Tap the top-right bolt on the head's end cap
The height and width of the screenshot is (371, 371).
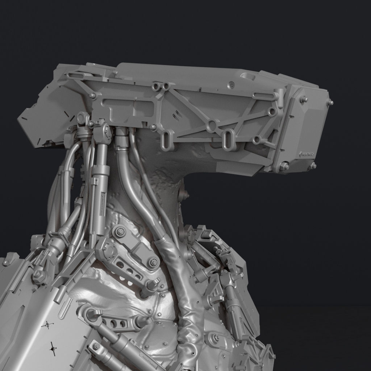point(330,103)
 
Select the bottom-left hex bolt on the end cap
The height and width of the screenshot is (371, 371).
point(284,166)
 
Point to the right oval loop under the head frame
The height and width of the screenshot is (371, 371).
point(228,139)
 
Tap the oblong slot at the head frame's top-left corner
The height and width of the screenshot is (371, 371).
point(75,76)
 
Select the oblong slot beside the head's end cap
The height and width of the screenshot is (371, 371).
point(263,96)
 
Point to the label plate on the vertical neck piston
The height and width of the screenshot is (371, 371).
point(102,203)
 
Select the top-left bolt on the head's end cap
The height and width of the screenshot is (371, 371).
point(304,99)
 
